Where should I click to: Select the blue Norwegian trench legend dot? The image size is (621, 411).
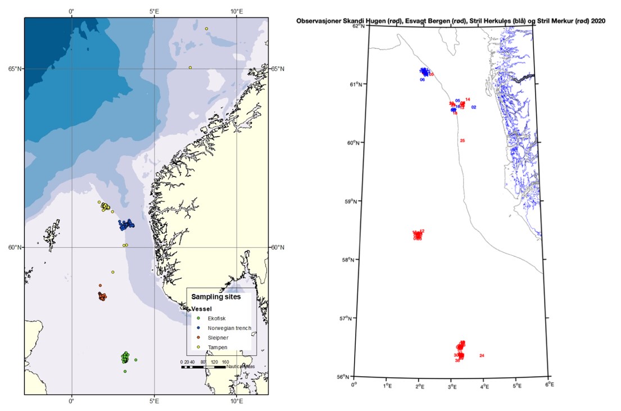coord(193,328)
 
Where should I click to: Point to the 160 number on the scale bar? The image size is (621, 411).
coord(225,362)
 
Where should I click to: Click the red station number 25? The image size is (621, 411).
coord(463,141)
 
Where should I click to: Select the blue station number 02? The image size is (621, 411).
coord(474,107)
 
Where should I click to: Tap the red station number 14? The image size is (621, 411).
coord(468,100)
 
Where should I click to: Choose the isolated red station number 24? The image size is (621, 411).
coord(482,356)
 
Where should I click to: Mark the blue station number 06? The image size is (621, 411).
coord(422,80)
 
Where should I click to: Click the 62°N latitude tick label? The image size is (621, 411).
coord(358,26)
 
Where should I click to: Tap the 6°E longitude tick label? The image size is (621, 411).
coord(550,385)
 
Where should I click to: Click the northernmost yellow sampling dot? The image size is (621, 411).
coord(206,29)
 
